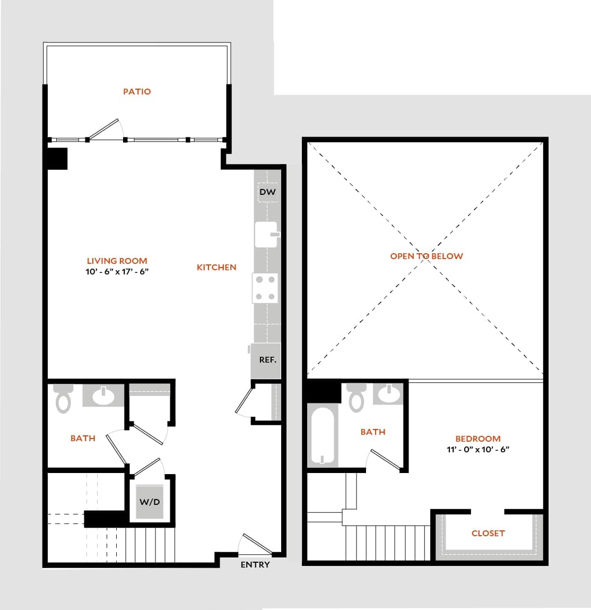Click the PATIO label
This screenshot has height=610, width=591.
137,92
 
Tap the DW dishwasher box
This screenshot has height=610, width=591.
267,192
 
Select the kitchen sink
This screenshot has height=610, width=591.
266,235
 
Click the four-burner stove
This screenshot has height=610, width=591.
265,288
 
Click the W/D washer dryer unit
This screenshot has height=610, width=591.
150,502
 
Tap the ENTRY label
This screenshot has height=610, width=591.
255,565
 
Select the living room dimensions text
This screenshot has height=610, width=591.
117,272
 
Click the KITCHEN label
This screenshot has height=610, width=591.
216,268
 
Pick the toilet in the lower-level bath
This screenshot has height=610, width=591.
64,398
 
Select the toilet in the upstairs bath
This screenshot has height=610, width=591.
356,397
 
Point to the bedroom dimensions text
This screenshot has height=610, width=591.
478,450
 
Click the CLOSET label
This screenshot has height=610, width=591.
488,534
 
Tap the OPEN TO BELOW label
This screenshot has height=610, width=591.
427,256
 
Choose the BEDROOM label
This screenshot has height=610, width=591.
478,439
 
